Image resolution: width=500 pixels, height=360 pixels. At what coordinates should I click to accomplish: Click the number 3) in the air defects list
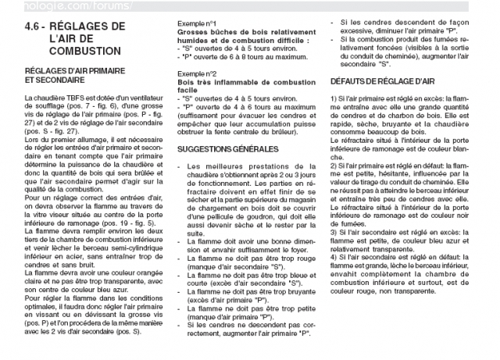335,253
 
